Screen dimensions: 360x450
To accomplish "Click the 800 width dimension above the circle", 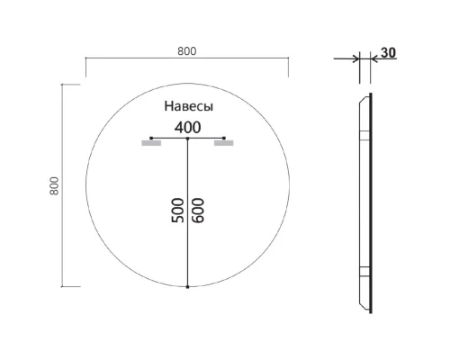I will [x=186, y=50].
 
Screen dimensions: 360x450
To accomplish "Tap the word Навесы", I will [x=188, y=105].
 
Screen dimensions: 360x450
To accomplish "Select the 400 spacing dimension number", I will [x=187, y=127].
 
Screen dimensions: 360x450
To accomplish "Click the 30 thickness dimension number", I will [x=388, y=52].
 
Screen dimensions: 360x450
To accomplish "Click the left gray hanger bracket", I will [x=150, y=142].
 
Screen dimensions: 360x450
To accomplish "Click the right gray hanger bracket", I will [x=223, y=142].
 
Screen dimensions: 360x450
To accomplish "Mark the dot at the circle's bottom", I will [x=187, y=287].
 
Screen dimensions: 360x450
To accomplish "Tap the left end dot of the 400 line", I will [x=152, y=138].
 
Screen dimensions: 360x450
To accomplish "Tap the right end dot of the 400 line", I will [x=222, y=138].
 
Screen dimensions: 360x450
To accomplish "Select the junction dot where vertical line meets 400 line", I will [x=187, y=138].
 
